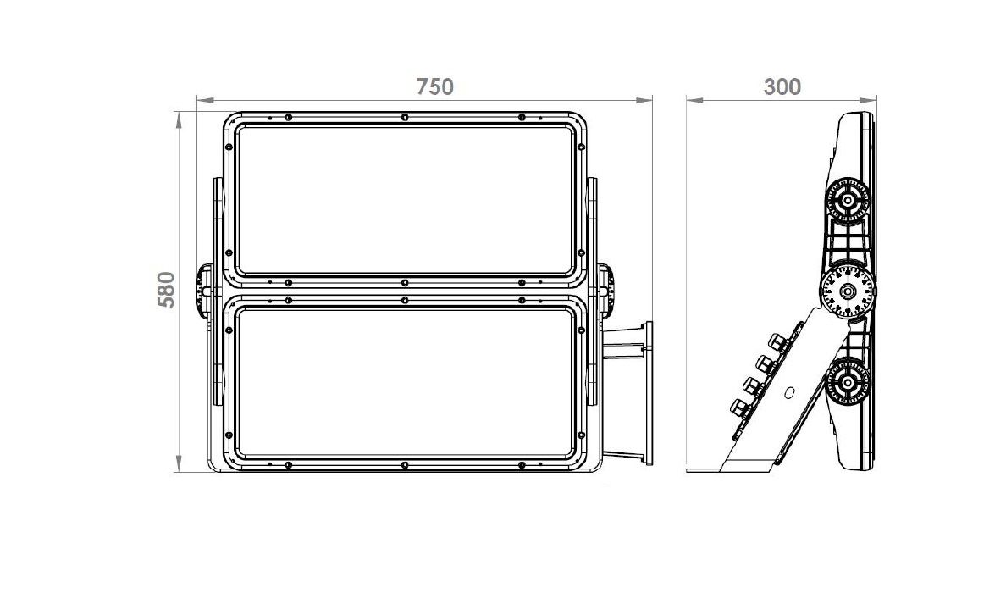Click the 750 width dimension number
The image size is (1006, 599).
point(434,86)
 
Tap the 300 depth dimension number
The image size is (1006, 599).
point(782,86)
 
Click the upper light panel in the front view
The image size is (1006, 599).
point(405,200)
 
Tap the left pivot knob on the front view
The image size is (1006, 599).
point(204,290)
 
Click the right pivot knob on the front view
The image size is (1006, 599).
point(606,290)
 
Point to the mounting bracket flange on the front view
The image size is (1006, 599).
point(648,394)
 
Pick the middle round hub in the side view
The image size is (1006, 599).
point(847,291)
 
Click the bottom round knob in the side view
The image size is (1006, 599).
point(848,383)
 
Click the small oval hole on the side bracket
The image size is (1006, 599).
point(789,393)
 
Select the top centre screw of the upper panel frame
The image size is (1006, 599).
point(405,117)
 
